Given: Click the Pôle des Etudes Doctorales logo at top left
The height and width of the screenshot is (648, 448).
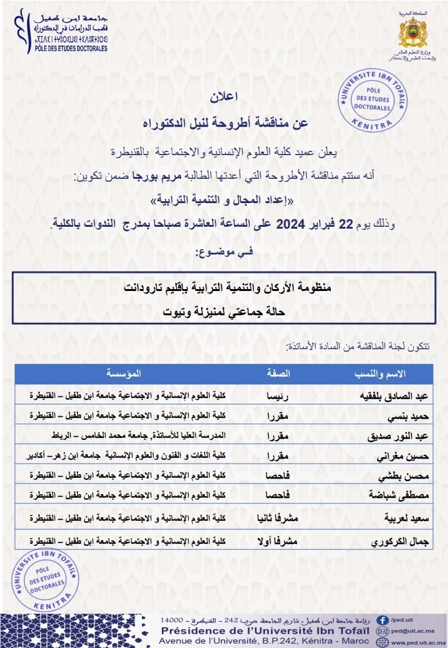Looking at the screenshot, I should coord(61,30).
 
